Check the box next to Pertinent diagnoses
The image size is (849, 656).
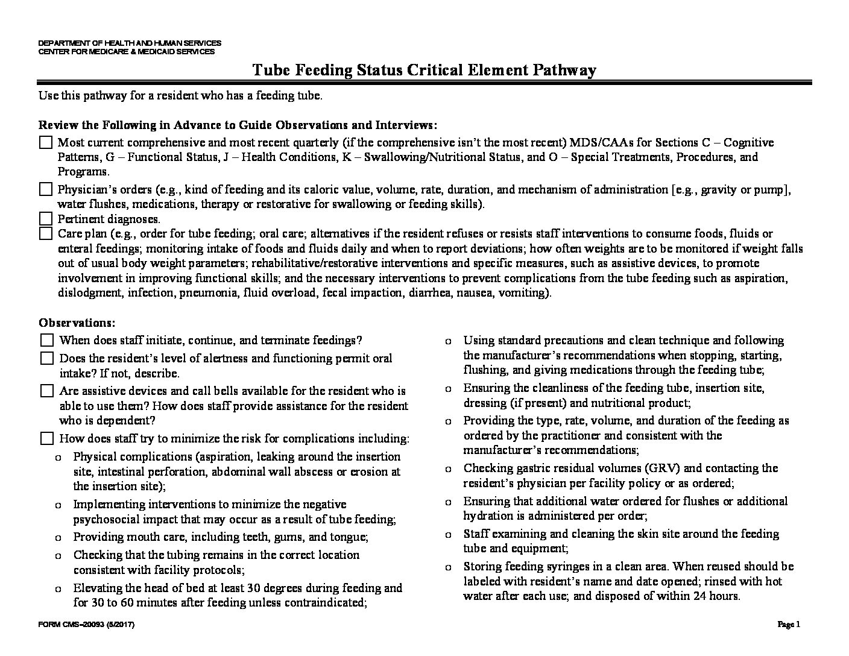[46, 218]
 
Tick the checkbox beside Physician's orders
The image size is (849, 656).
[46, 189]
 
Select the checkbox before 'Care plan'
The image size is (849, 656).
[46, 233]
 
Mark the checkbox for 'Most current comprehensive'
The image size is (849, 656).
[46, 143]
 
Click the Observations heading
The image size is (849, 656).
[77, 323]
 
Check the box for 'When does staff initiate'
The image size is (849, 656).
[47, 341]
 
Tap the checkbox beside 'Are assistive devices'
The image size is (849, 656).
[47, 391]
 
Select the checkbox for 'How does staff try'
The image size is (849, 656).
[47, 438]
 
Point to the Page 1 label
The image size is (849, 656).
[789, 625]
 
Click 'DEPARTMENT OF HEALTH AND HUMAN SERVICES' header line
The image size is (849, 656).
[130, 43]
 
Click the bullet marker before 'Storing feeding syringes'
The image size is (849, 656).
[447, 567]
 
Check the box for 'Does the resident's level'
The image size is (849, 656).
[47, 358]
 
